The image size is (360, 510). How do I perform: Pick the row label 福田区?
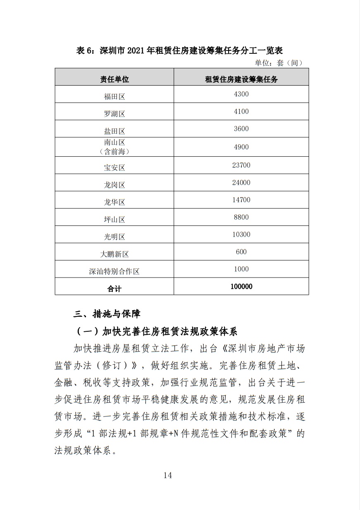coord(114,97)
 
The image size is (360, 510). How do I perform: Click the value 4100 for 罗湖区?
coord(241,112)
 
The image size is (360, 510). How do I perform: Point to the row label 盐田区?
coord(114,132)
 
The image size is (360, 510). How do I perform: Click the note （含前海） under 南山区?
coord(114,152)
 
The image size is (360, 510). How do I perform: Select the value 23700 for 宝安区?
coord(241,165)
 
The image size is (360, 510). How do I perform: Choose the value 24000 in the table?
coord(241,183)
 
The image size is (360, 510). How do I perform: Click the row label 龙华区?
coord(114,203)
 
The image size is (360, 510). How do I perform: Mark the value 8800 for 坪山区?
coord(241,218)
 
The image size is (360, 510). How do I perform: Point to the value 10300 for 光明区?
coord(241,235)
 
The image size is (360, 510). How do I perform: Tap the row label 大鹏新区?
coord(114,254)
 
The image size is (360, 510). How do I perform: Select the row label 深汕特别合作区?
coord(114,272)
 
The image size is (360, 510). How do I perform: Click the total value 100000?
coord(241,286)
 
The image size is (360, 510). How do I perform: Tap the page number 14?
coord(167,475)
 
